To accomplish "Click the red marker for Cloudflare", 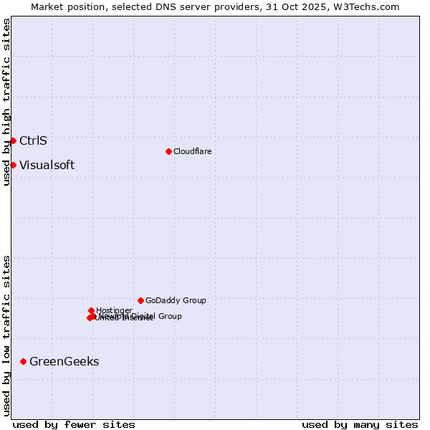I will (168, 151).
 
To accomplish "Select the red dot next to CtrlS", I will (13, 140).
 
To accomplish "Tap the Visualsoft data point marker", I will (13, 165).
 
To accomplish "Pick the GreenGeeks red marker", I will (24, 361).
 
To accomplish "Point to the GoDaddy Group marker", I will (140, 300).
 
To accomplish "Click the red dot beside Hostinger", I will (92, 310).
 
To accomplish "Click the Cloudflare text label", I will (192, 151).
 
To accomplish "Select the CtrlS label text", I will (33, 140).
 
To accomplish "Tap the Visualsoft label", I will (47, 165).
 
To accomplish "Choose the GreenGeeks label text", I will (64, 361).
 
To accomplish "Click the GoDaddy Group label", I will (176, 300).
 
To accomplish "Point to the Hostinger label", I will (114, 310).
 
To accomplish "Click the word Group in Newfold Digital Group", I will (169, 316).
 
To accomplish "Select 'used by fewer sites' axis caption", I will (74, 424).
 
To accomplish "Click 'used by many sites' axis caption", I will (360, 424).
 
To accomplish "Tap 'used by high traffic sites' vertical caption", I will (6, 102).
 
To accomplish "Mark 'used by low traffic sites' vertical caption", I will (6, 335).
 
